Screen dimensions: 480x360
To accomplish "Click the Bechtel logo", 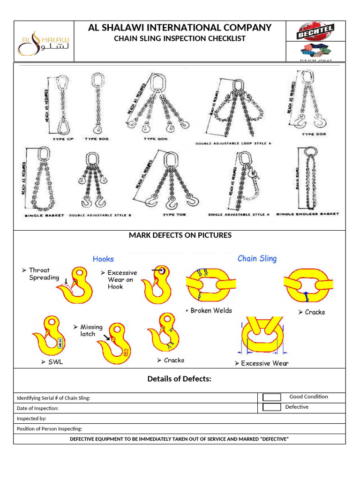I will pyautogui.click(x=315, y=32).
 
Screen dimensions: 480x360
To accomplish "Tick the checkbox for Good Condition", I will pyautogui.click(x=272, y=397).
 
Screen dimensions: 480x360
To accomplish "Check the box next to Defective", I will pyautogui.click(x=272, y=407).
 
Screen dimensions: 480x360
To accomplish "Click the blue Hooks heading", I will pyautogui.click(x=103, y=259).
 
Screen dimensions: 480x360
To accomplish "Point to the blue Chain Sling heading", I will pyautogui.click(x=257, y=258).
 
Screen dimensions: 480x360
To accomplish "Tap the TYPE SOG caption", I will pyautogui.click(x=97, y=139).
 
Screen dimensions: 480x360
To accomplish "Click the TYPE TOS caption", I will pyautogui.click(x=174, y=215).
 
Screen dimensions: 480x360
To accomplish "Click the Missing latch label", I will pyautogui.click(x=88, y=330).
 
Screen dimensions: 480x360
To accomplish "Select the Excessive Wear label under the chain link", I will pyautogui.click(x=265, y=363).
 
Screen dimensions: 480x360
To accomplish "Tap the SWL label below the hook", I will pyautogui.click(x=55, y=362).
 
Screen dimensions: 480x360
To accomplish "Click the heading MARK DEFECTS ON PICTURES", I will pyautogui.click(x=180, y=235).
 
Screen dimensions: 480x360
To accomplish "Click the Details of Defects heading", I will pyautogui.click(x=180, y=379).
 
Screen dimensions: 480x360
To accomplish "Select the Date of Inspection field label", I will pyautogui.click(x=38, y=408).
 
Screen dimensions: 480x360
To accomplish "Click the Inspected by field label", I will pyautogui.click(x=32, y=419).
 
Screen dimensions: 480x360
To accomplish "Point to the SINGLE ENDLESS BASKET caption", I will pyautogui.click(x=307, y=215).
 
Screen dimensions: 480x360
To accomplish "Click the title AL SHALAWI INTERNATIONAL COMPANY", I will pyautogui.click(x=180, y=28).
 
